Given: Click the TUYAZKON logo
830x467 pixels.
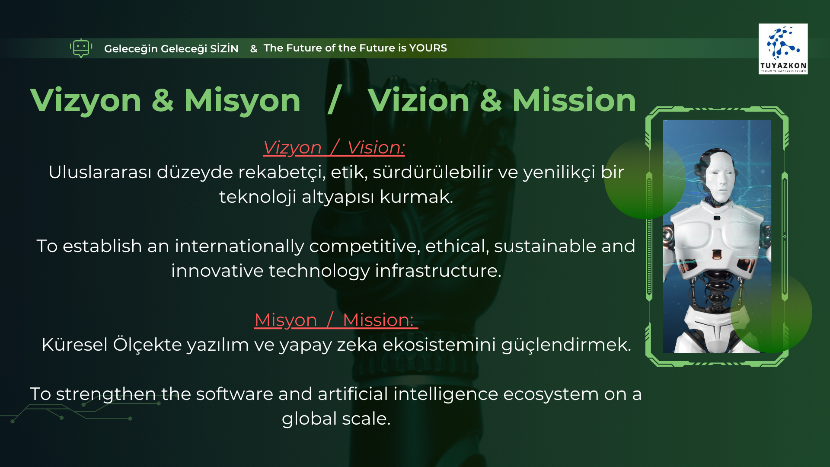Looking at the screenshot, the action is point(783,49).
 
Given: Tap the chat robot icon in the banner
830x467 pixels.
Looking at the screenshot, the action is point(81,48).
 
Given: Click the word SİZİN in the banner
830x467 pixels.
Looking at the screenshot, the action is point(224,48).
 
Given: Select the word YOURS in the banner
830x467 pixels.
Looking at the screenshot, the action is point(428,48).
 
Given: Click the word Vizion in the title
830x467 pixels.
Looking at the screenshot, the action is point(418,100).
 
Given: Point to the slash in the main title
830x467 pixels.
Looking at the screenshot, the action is point(335,100).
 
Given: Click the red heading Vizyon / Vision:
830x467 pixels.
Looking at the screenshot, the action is point(334,148).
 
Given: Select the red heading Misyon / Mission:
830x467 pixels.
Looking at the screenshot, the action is point(336,320).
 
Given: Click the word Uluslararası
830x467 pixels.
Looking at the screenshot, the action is point(100,172).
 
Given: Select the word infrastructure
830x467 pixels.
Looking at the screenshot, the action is point(438,271).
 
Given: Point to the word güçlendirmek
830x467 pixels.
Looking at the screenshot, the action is point(566,345).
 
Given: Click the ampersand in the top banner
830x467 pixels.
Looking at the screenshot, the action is point(254,49).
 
